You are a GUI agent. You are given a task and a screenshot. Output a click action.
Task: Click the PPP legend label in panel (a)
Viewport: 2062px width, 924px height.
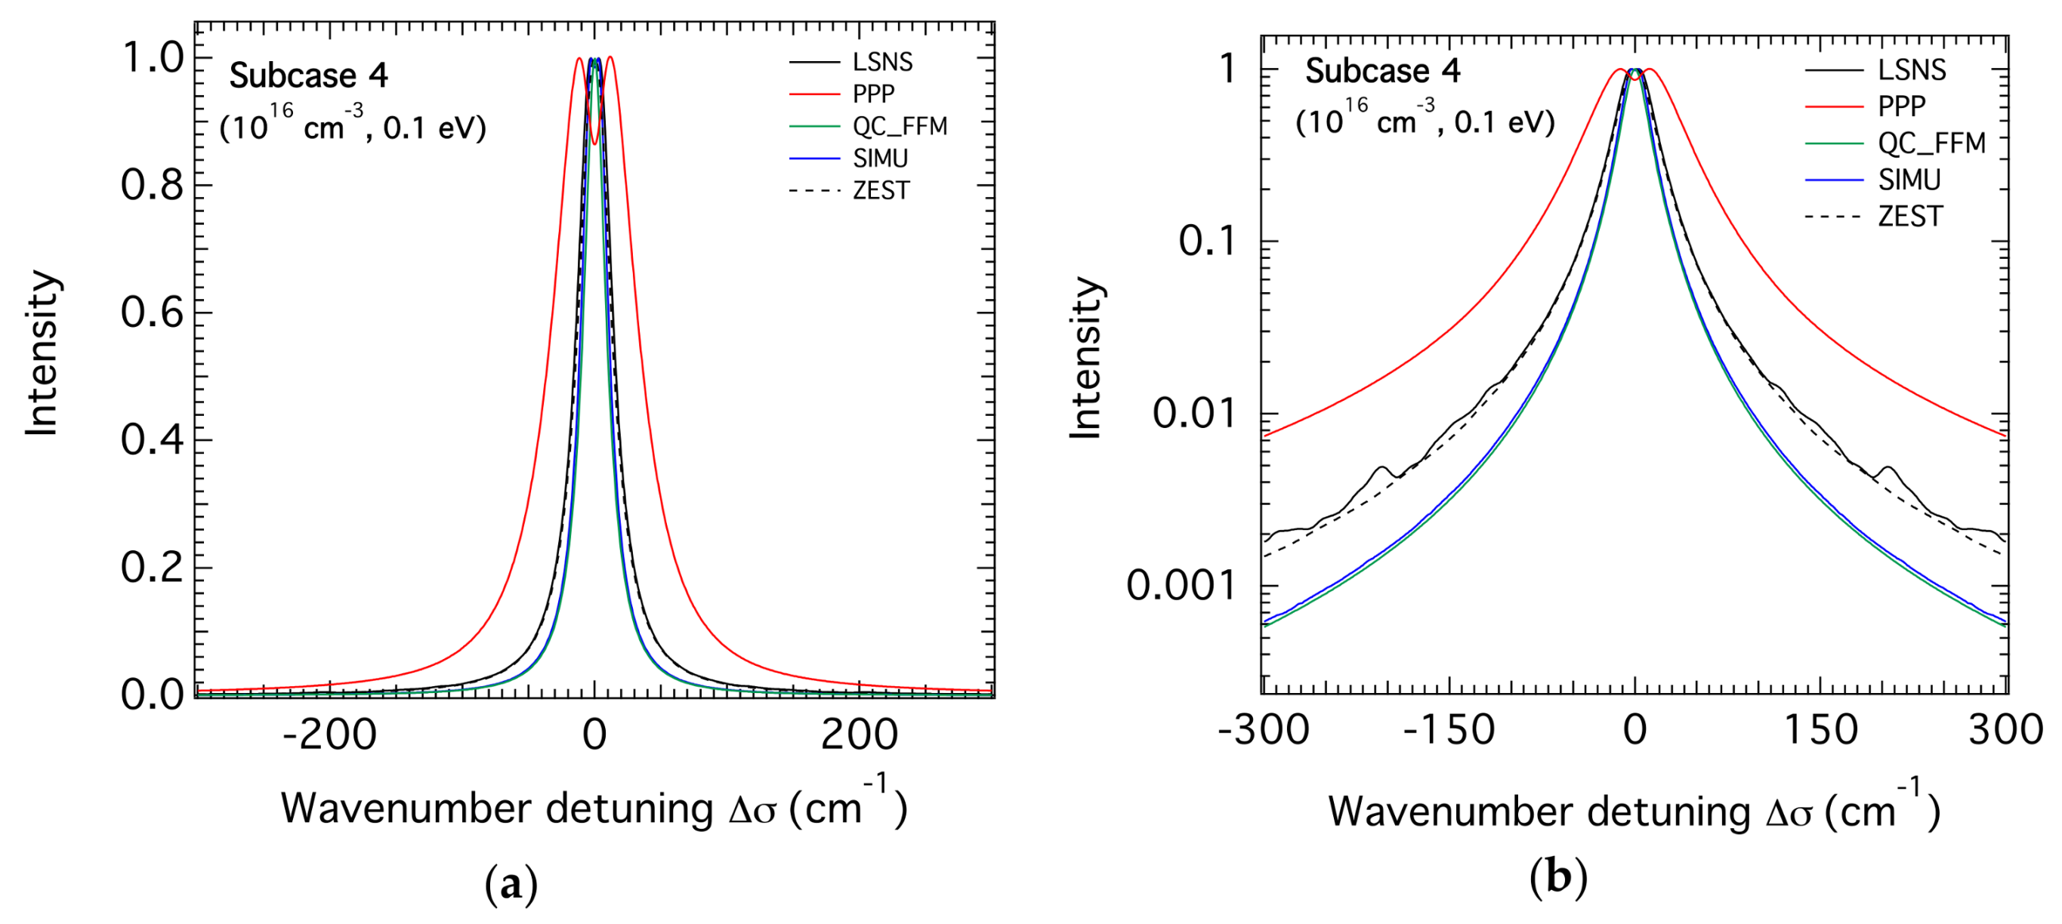point(873,94)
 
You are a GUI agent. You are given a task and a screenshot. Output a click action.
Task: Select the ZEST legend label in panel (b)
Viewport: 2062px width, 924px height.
point(1910,217)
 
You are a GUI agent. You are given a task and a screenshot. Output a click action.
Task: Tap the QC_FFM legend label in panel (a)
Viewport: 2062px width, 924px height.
point(900,126)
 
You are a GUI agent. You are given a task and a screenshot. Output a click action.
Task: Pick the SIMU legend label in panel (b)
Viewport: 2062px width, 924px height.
point(1909,180)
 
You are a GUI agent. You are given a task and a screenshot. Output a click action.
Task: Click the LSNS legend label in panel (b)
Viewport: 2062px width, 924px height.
point(1912,70)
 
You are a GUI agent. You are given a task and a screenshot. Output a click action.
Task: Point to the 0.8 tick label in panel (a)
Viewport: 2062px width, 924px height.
point(152,186)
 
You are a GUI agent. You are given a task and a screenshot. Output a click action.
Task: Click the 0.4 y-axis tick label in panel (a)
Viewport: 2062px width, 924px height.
point(152,440)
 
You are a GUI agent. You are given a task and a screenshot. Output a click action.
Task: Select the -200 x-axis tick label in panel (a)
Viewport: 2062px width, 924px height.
point(329,735)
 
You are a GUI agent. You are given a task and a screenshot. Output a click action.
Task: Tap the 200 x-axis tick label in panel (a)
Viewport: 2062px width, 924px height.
point(859,735)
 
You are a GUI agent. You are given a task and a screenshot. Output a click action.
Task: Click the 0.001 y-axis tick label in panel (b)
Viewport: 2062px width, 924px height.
point(1181,587)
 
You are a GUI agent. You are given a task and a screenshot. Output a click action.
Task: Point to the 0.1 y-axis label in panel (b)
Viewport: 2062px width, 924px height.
point(1207,241)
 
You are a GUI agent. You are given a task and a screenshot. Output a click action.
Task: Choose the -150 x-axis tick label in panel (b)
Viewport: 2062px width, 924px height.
point(1449,729)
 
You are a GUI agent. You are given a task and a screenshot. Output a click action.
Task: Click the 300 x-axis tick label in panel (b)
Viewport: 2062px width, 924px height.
point(2006,729)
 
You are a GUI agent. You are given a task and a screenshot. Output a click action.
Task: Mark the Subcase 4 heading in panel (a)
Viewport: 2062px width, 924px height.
point(308,76)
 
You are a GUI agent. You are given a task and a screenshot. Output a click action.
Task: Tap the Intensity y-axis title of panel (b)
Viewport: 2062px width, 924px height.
point(1086,359)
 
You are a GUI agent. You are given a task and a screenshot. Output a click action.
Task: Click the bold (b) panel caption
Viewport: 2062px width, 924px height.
point(1557,879)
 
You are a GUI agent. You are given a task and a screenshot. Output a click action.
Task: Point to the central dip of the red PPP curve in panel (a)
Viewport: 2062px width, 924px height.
point(594,143)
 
